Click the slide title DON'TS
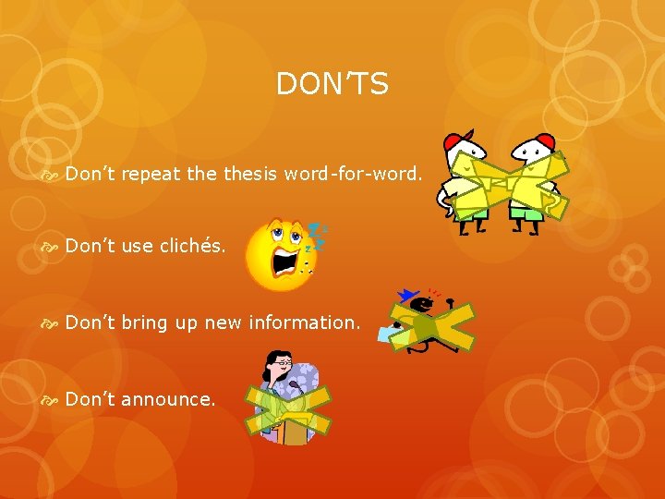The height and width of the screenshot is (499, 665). click(x=332, y=85)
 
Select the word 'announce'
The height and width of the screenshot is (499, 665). click(x=167, y=399)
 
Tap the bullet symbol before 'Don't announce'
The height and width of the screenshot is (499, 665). click(x=52, y=400)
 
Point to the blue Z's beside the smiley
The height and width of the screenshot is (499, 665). click(x=317, y=235)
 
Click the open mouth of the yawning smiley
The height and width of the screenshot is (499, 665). click(x=284, y=265)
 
